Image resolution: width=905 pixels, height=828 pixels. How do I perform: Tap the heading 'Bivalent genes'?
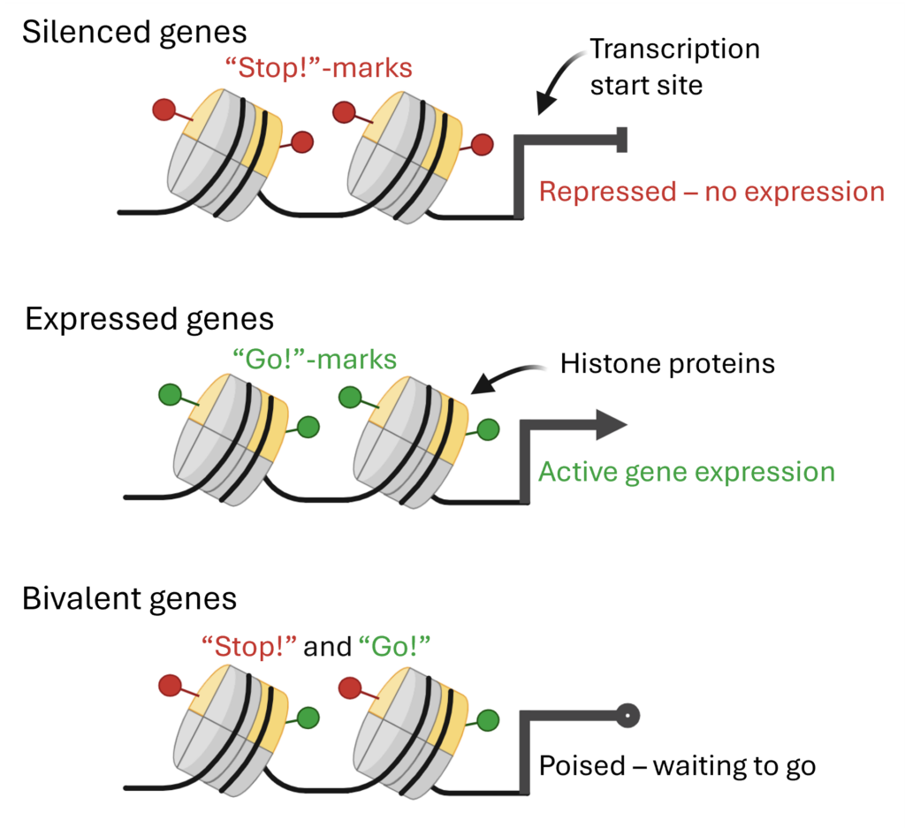pos(130,599)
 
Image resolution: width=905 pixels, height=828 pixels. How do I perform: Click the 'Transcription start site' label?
pos(674,67)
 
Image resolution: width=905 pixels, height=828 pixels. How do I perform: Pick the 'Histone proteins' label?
pos(667,363)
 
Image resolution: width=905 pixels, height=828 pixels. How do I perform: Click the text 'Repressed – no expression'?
pos(711,192)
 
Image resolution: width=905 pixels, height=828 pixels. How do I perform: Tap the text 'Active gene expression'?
pos(687,471)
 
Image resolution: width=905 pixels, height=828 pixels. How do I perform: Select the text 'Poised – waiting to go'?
pos(677,764)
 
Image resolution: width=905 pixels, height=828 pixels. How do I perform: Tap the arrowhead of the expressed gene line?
pos(610,425)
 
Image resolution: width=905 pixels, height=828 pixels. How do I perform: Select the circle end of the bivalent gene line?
pos(626,715)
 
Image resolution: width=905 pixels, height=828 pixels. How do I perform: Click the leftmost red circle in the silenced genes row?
pos(163,110)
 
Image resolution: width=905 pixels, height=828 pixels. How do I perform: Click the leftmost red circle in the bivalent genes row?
pos(169,685)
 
